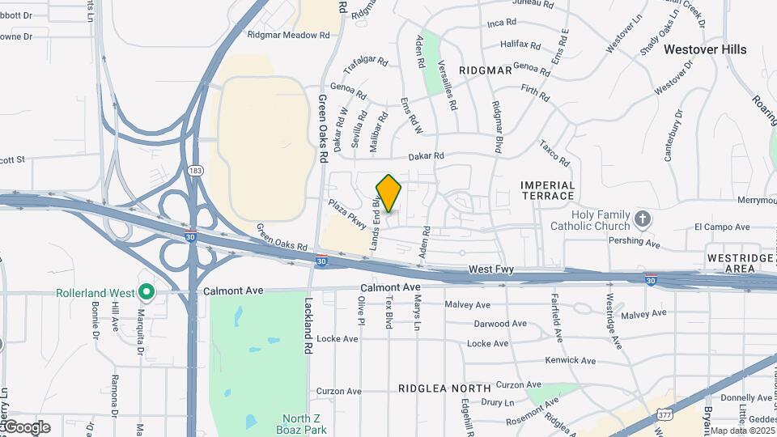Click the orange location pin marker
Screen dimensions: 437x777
(x=389, y=193)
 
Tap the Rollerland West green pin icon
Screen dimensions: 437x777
(x=146, y=291)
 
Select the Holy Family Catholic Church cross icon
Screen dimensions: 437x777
(x=642, y=218)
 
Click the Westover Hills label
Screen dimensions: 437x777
(x=705, y=49)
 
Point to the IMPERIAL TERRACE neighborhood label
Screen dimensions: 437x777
(x=548, y=191)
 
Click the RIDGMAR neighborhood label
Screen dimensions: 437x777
(x=486, y=70)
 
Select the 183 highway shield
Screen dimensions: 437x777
(x=194, y=171)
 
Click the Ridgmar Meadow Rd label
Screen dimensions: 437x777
(x=289, y=36)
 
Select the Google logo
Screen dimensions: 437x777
(x=27, y=426)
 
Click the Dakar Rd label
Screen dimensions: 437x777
(x=427, y=156)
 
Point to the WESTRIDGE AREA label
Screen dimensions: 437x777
(x=741, y=262)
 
